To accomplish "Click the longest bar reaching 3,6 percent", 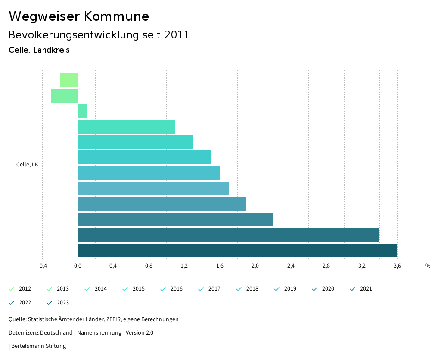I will coord(237,250).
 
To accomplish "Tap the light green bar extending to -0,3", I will coord(64,96).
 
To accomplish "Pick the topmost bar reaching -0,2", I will coord(69,80).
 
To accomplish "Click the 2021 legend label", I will coord(366,289).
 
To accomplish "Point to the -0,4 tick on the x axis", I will coord(42,266).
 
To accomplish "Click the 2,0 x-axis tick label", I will coord(255,266).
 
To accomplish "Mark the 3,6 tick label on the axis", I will coord(397,266).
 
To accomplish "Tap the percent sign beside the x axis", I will coord(428,266).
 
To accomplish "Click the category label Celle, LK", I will coord(27,165).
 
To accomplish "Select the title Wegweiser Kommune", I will coord(79,16).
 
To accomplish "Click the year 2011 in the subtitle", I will coord(177,35).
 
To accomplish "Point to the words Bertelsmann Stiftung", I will coord(38,346).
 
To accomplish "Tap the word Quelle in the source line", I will coord(16,319).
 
